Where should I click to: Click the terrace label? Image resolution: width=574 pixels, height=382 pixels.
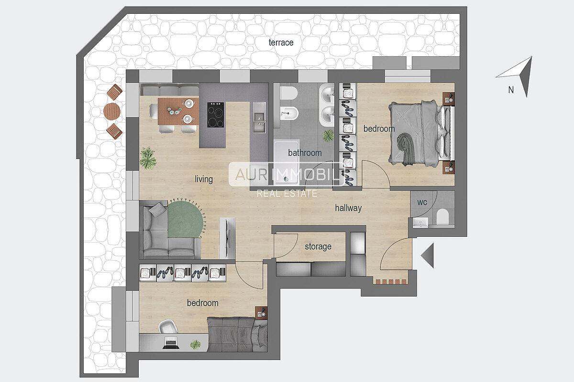click(281, 42)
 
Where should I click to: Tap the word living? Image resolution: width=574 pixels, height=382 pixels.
click(204, 179)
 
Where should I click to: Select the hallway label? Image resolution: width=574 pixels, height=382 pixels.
click(348, 208)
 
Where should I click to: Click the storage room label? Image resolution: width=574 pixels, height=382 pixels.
click(318, 246)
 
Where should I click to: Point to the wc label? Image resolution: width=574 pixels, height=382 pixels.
click(422, 202)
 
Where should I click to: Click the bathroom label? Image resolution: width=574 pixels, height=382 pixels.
click(305, 153)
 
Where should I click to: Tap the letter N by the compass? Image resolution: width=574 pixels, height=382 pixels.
click(511, 90)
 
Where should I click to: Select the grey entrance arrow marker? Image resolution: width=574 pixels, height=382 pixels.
click(427, 255)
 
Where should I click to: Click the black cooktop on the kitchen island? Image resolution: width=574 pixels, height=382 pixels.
click(216, 115)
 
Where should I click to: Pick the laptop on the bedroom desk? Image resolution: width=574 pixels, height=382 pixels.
click(170, 342)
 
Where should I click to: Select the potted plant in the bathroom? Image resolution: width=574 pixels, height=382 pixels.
click(328, 135)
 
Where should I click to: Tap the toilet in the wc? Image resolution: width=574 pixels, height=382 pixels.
click(442, 216)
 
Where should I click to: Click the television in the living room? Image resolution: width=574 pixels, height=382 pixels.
click(227, 238)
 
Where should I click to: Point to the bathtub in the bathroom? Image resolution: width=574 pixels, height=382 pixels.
click(287, 162)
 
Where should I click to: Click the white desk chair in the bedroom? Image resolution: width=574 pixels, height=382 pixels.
click(168, 326)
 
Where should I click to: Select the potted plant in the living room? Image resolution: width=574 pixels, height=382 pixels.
click(148, 158)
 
